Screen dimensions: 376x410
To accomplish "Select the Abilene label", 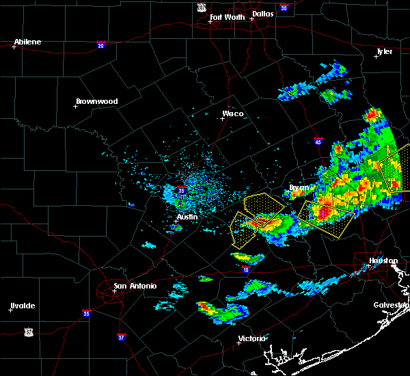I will [x=28, y=42].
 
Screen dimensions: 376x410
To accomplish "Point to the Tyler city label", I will [x=385, y=52].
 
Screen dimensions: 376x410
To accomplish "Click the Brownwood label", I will [x=96, y=101].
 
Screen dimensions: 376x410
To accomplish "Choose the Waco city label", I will [x=232, y=113].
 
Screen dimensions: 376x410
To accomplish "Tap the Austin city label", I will [x=187, y=217].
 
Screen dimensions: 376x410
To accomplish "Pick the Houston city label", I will [x=383, y=260].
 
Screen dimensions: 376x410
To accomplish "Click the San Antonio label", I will [x=135, y=286].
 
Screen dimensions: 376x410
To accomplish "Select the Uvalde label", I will [x=22, y=306].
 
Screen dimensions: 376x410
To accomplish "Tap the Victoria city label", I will [x=251, y=338].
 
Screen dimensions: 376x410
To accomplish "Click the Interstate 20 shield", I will [x=100, y=45].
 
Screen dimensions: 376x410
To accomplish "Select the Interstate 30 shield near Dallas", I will [x=284, y=8].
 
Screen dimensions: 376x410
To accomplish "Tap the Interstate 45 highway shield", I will [x=318, y=142].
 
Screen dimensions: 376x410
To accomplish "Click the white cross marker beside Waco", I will [x=222, y=118].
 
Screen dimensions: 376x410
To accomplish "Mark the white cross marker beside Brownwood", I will [x=75, y=106].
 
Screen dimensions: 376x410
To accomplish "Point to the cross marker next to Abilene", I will [x=14, y=46].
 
